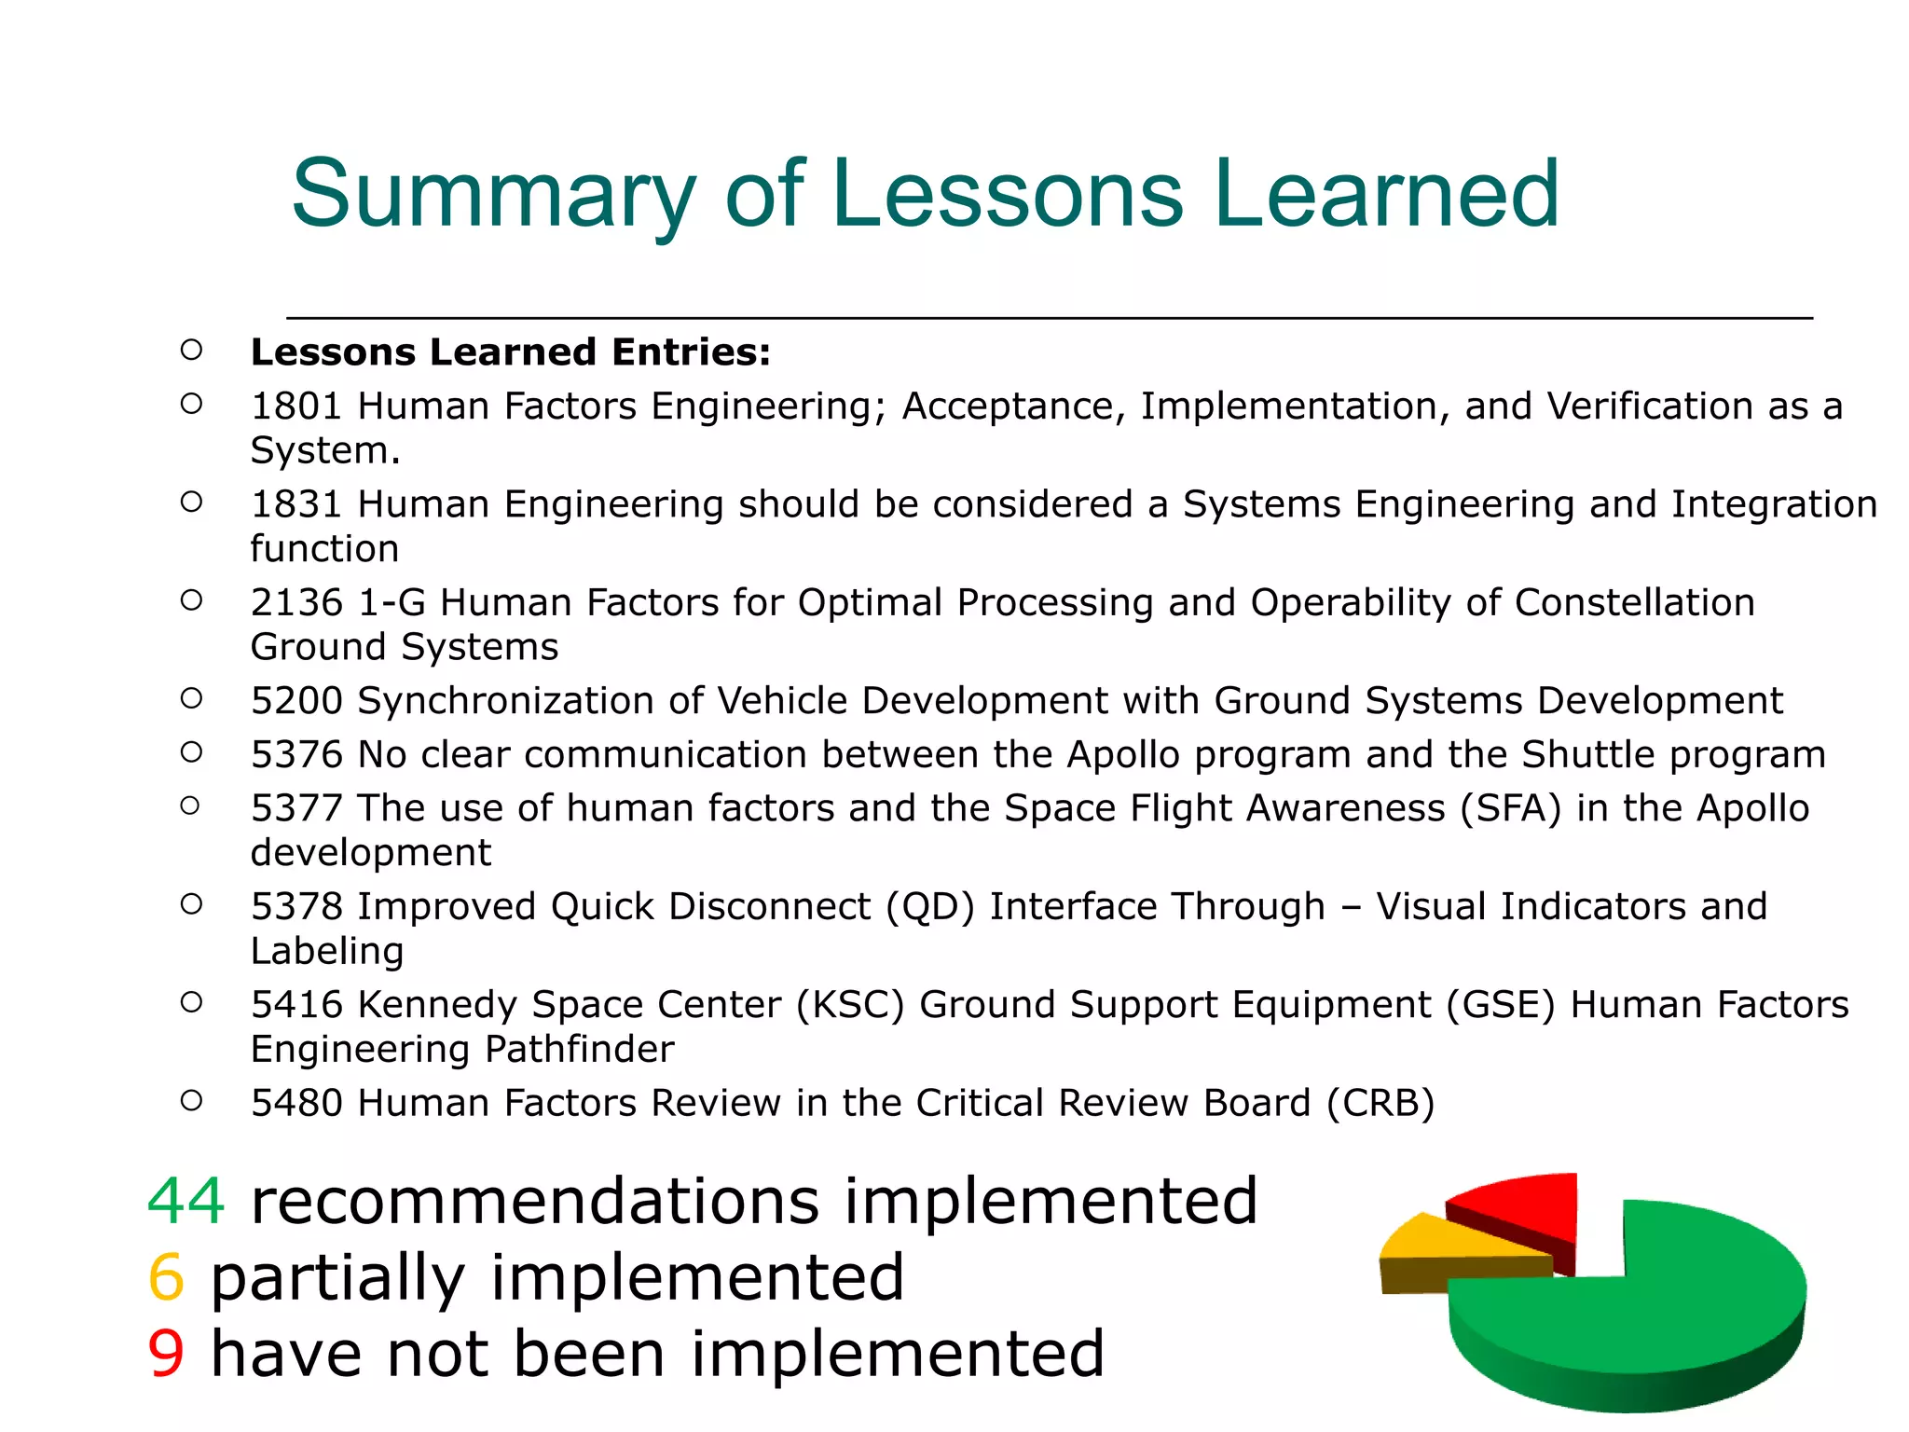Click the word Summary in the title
tap(494, 194)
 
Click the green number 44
tap(186, 1201)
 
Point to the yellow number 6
tap(167, 1277)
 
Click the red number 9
tap(167, 1354)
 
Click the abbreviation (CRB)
tap(1380, 1103)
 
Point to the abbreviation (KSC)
tap(850, 1005)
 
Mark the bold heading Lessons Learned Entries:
tap(511, 352)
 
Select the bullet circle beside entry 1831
tap(191, 503)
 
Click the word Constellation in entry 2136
tap(1634, 603)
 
